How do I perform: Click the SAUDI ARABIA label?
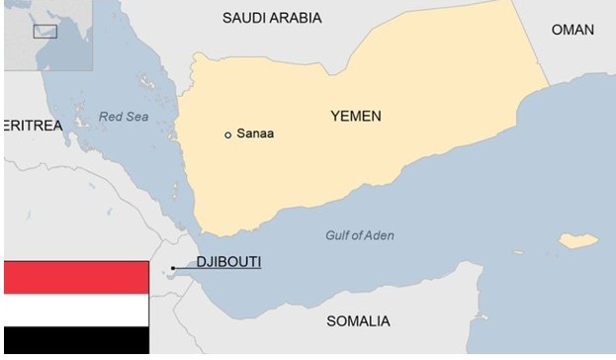[x=272, y=18]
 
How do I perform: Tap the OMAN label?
[x=572, y=30]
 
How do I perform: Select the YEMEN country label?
[x=355, y=117]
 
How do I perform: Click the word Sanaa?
[x=255, y=134]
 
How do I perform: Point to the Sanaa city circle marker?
[x=228, y=135]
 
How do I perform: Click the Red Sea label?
[x=123, y=117]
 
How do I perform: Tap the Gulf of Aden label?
[x=359, y=235]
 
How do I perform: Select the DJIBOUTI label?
[x=229, y=262]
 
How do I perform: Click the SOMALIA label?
[x=358, y=321]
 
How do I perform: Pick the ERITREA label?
[x=33, y=126]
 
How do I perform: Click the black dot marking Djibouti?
[x=173, y=268]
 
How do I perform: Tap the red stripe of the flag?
[x=75, y=278]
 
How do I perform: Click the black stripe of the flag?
[x=75, y=341]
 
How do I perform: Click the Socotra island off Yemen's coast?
[x=578, y=240]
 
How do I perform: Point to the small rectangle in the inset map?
[x=44, y=31]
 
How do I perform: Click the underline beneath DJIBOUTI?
[x=229, y=271]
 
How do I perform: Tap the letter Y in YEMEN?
[x=335, y=117]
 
